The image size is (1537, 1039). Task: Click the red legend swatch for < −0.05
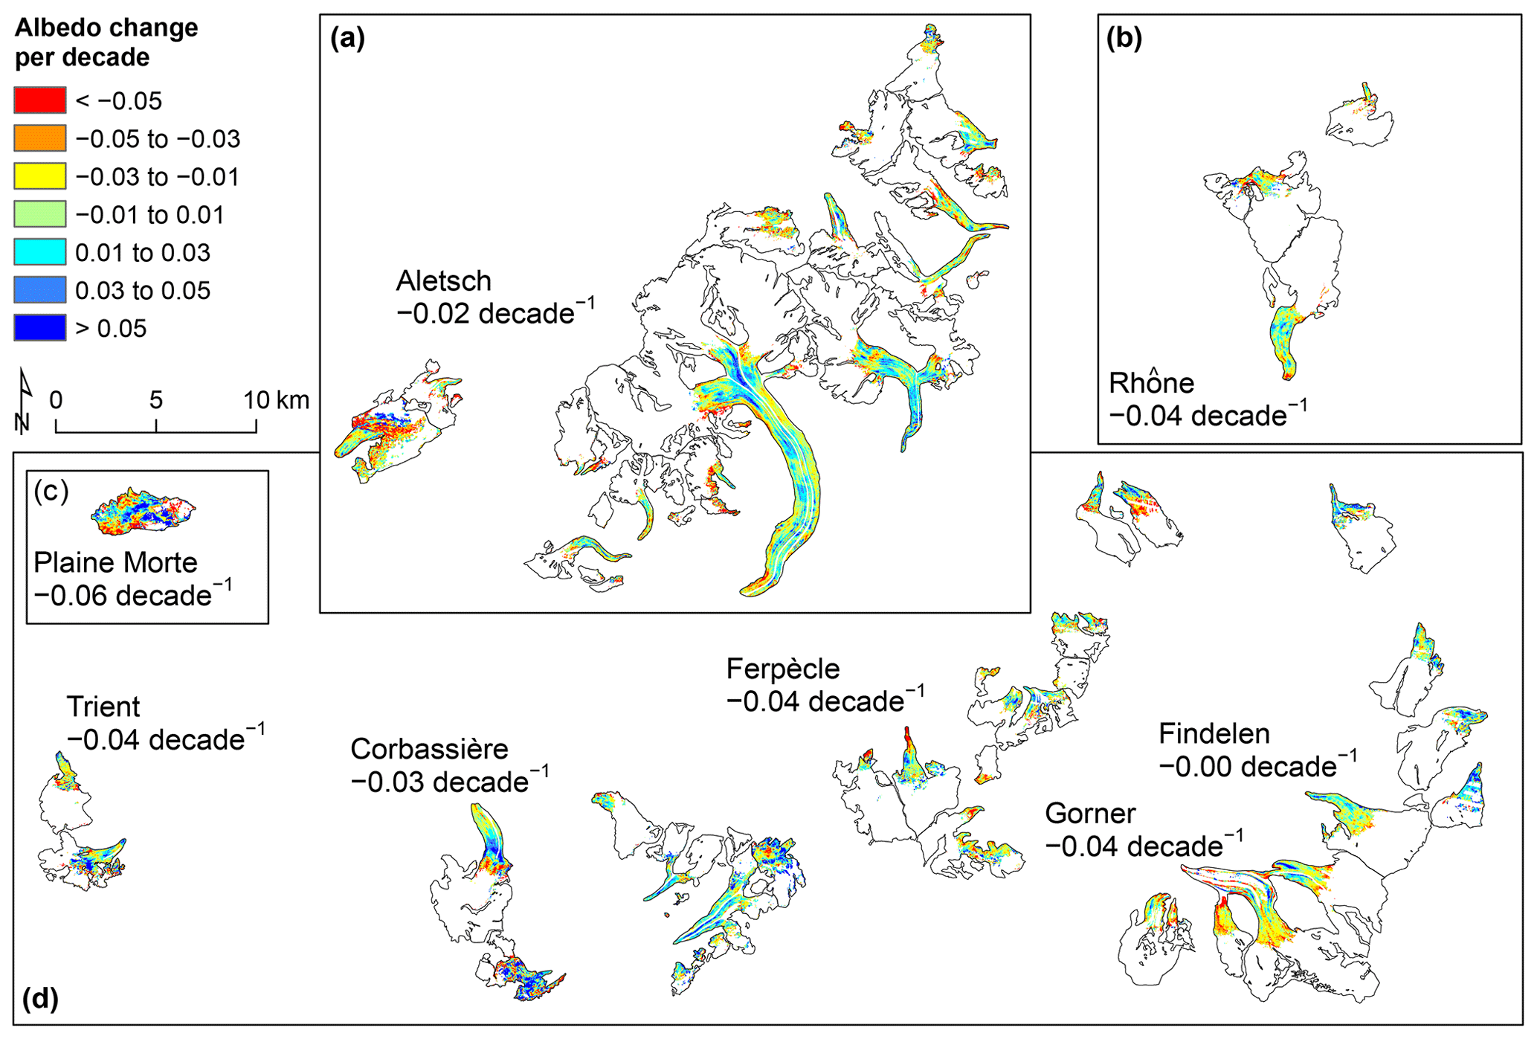pos(39,100)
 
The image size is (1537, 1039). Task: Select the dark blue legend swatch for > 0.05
pos(39,328)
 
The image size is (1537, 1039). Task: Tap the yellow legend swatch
pos(39,176)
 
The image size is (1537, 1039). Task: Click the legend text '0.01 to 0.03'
pos(143,253)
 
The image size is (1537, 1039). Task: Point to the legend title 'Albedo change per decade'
pos(106,42)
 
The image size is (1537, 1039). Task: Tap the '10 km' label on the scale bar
pos(276,400)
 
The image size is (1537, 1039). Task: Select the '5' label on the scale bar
pos(155,400)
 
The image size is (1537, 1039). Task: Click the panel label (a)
pos(347,37)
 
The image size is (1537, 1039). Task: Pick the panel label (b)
pos(1124,37)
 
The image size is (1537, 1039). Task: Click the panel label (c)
pos(51,491)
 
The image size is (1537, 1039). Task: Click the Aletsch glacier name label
pos(444,281)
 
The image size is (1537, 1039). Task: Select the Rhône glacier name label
pos(1151,383)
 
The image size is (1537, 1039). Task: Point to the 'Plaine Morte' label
pos(115,563)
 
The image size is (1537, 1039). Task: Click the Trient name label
pos(103,707)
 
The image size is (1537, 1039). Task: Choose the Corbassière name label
pos(429,749)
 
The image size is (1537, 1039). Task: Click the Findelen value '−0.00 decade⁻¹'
pos(1257,766)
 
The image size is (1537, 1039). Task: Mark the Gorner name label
pos(1090,814)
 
